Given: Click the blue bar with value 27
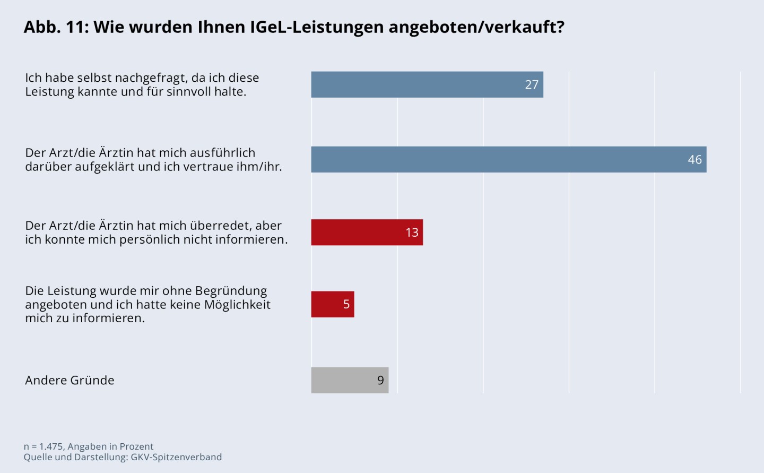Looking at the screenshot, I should coord(427,84).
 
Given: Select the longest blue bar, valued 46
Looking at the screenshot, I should coord(508,159).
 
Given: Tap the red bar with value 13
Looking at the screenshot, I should coord(367,232).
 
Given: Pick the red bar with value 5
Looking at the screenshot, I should coord(332,304).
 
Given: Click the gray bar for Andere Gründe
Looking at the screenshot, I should coord(350,380).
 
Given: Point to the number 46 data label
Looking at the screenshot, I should coord(694,159).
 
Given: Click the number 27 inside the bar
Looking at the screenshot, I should coord(532,84).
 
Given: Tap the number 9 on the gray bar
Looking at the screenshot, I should coord(380,380).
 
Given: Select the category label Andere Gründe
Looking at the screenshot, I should coord(70,380).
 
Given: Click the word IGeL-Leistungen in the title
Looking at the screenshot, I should coord(317,27).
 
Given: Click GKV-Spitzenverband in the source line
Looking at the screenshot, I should coord(176,457).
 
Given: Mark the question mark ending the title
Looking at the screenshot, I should coord(559,27).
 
